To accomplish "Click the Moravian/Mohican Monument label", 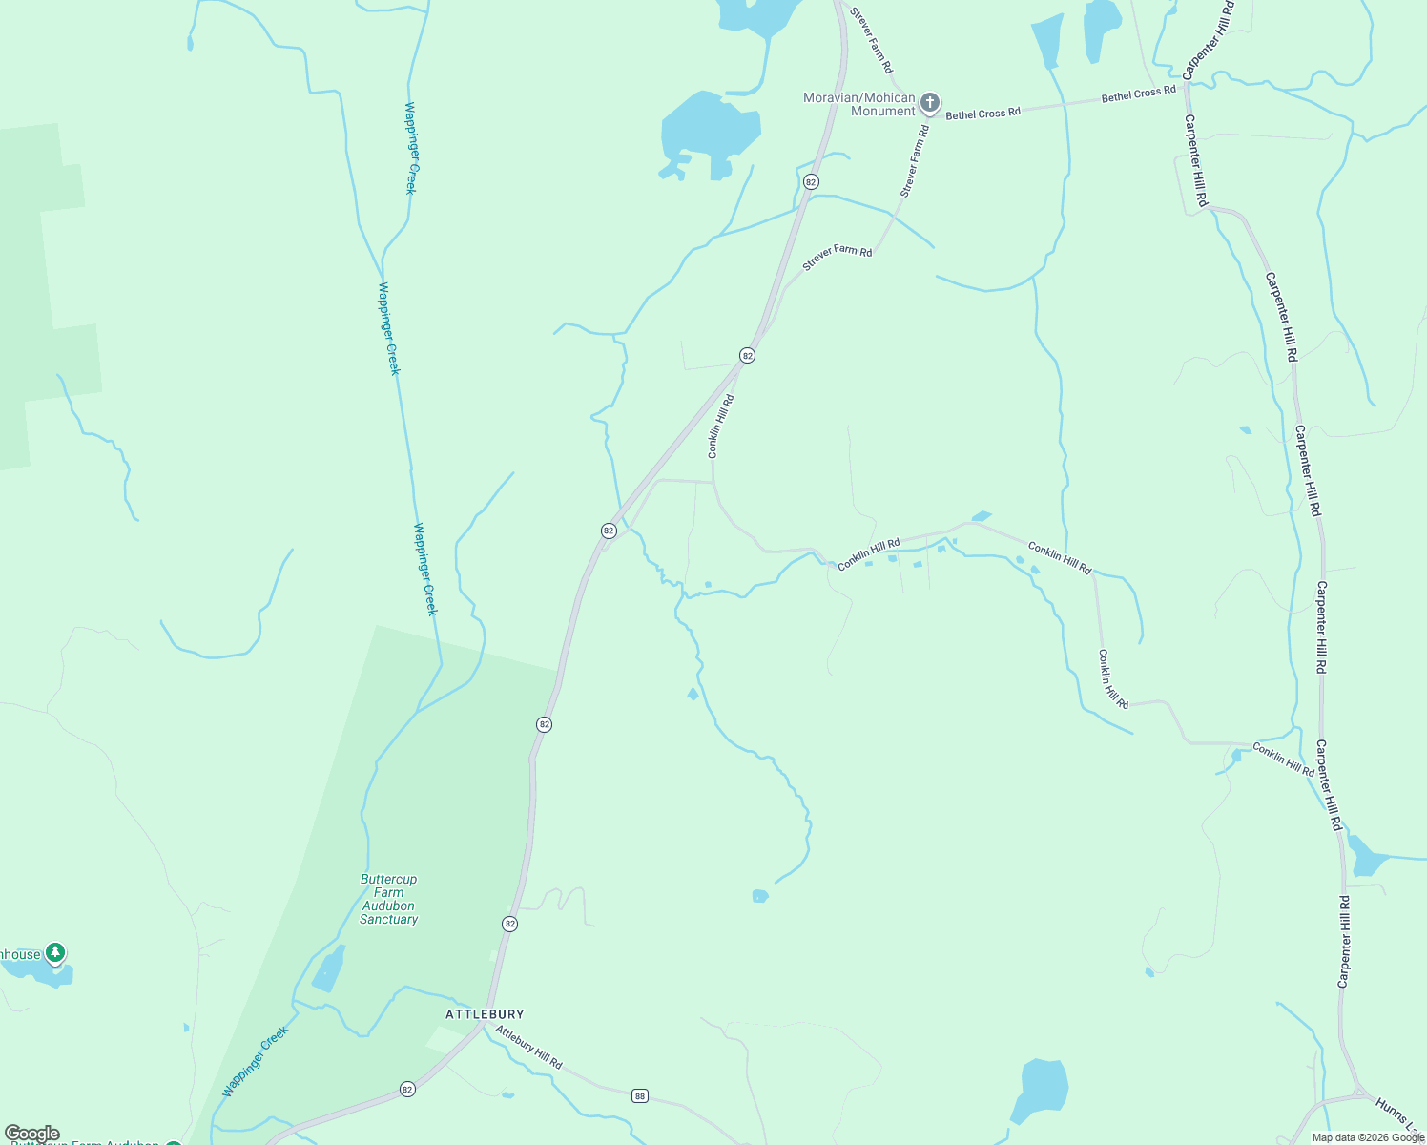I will tap(858, 104).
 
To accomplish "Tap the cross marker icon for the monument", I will tap(930, 102).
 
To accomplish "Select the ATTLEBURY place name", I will tap(485, 1014).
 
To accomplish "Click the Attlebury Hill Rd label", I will tap(528, 1047).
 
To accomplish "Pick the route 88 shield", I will tap(640, 1096).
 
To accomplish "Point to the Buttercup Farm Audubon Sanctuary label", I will tap(388, 899).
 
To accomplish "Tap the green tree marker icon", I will tap(56, 952).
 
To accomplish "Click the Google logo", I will tap(31, 1134).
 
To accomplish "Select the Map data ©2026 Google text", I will tap(1368, 1137).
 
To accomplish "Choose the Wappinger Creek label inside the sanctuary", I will tap(255, 1061).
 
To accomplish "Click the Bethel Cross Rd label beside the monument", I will tap(982, 114).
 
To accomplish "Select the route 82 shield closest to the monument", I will tap(811, 181).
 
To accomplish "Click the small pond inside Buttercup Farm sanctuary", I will tap(328, 971).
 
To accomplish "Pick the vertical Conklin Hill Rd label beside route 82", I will tap(720, 427).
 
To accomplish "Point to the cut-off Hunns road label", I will tap(1399, 1117).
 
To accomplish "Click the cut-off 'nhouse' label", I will tap(19, 954).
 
